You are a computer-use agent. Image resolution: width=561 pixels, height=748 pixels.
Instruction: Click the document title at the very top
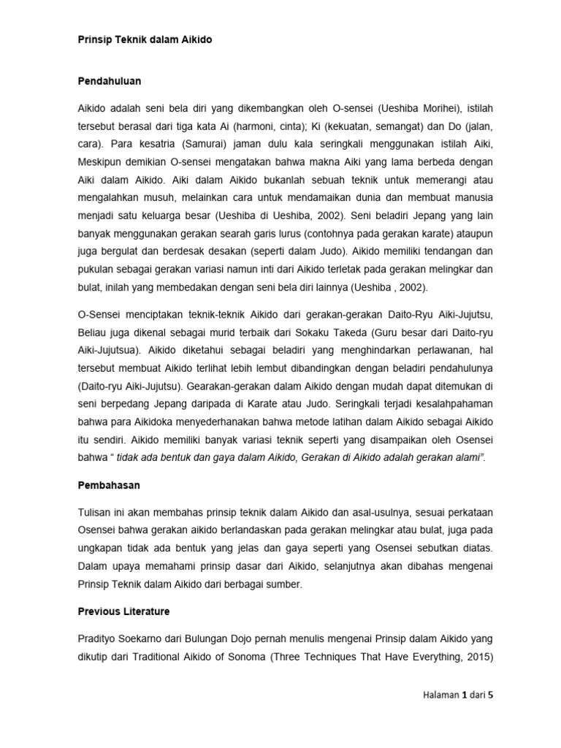145,40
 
